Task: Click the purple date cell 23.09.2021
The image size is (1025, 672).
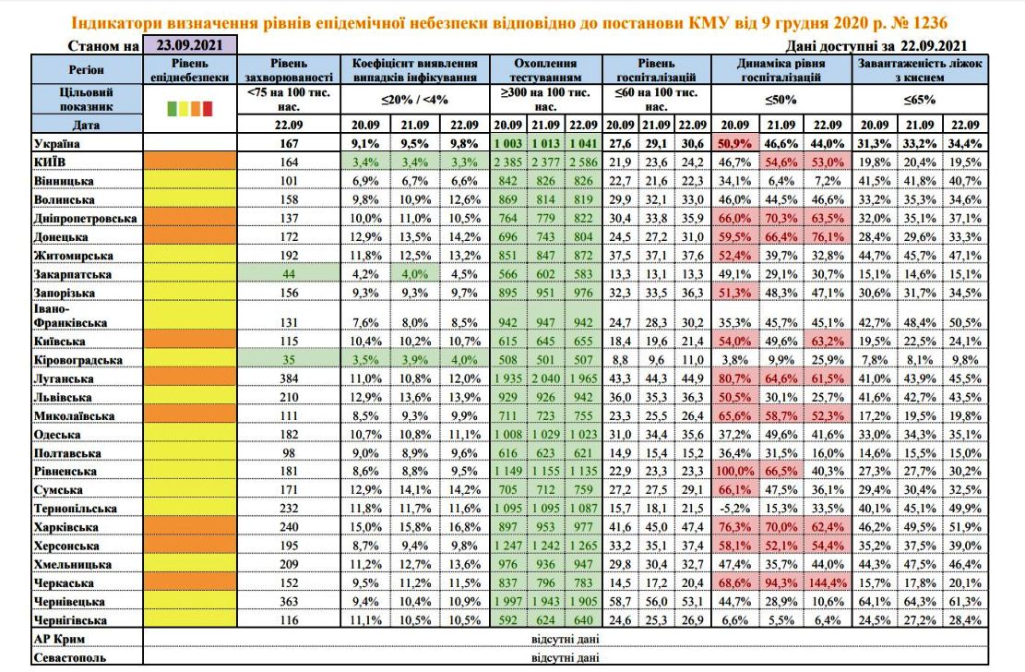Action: tap(189, 44)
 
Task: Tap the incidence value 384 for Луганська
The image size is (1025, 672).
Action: tap(288, 378)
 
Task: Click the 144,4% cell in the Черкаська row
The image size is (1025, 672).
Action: tap(827, 583)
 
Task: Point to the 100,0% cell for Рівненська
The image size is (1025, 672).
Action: tap(734, 471)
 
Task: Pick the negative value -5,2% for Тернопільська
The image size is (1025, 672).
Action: tap(734, 509)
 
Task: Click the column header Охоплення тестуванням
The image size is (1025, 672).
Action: tap(546, 70)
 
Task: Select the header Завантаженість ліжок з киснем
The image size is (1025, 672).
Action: tap(920, 70)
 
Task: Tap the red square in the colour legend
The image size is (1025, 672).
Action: tap(208, 109)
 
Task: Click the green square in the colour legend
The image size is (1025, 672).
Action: tap(172, 109)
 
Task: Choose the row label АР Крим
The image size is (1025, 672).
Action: tap(59, 639)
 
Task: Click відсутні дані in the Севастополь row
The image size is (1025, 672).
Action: tap(566, 657)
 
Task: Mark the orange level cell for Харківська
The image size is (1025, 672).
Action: tap(189, 527)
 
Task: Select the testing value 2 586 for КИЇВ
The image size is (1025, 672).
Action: tap(583, 162)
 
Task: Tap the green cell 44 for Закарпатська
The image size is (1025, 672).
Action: tap(288, 274)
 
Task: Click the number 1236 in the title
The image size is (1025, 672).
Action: tap(926, 23)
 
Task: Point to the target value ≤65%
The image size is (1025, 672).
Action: tap(920, 100)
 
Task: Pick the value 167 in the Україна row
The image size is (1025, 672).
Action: tap(288, 143)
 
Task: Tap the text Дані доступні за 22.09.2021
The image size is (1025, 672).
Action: tap(876, 46)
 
